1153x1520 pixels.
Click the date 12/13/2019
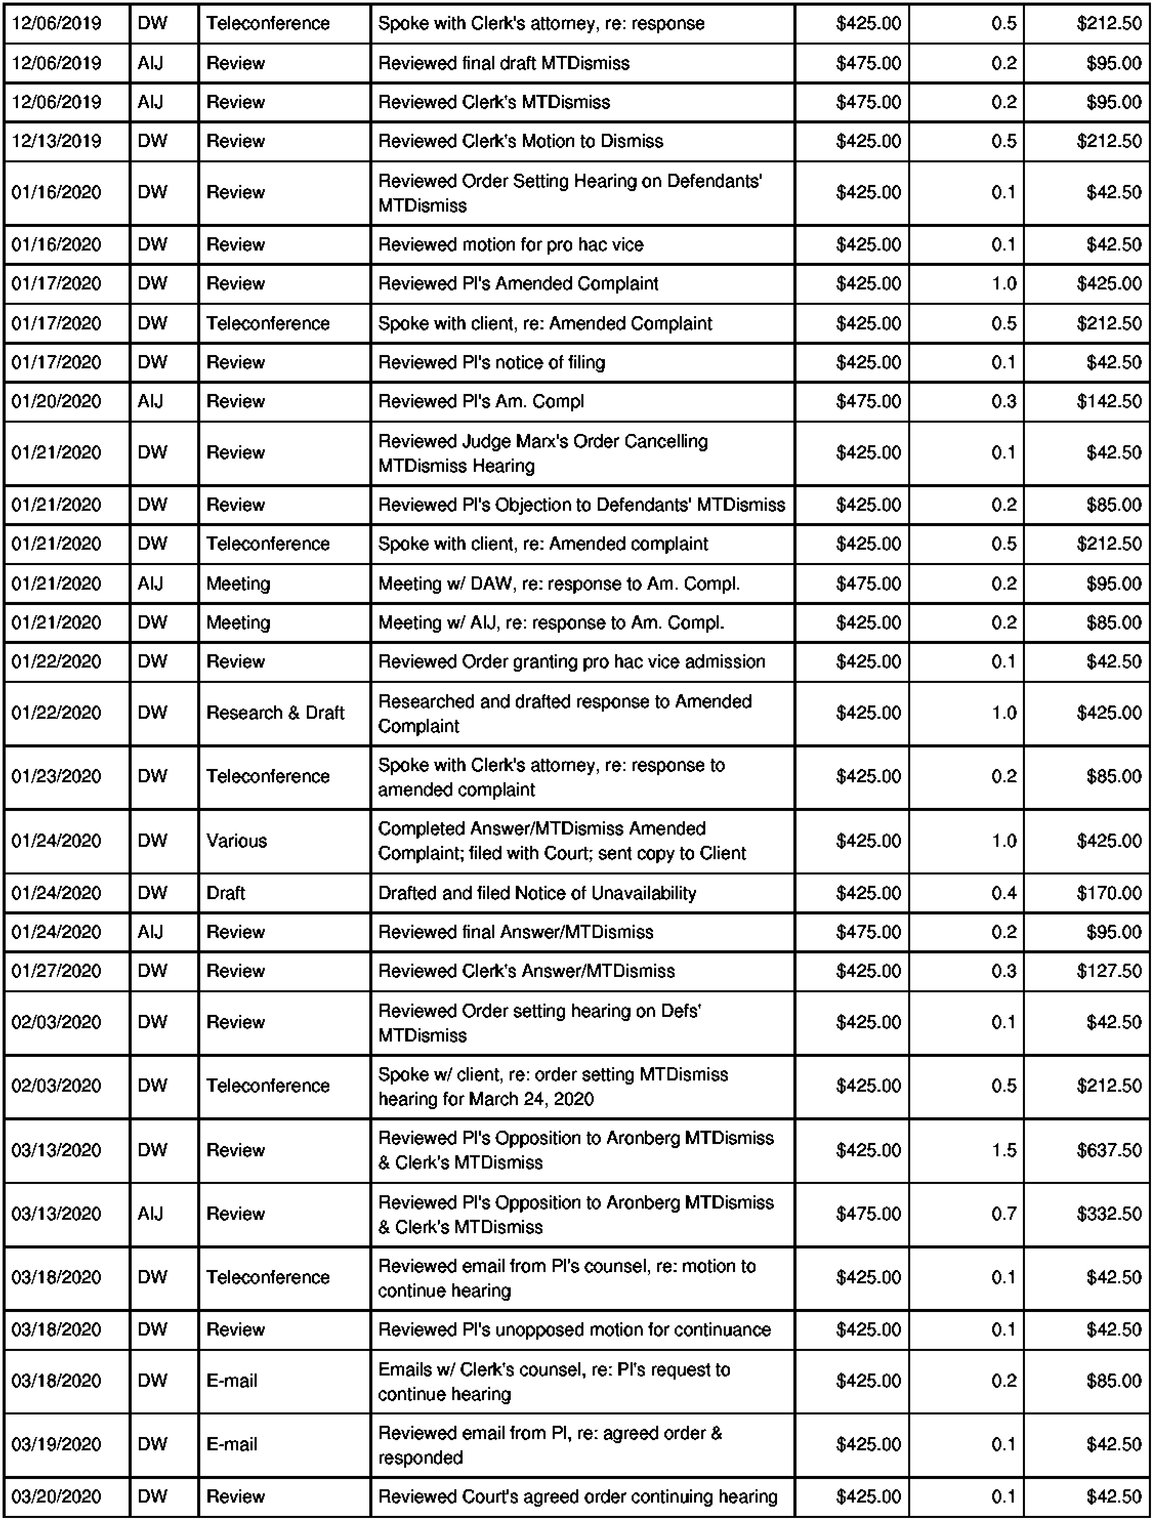tap(56, 141)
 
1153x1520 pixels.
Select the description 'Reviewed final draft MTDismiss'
tap(504, 63)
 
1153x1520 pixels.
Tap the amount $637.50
tap(1108, 1150)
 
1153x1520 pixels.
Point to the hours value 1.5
tap(1003, 1150)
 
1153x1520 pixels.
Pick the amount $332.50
tap(1108, 1214)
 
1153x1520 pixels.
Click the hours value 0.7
tap(1003, 1214)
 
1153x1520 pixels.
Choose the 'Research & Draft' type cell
tap(275, 713)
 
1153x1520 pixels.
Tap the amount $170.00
tap(1108, 893)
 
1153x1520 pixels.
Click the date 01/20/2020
tap(56, 401)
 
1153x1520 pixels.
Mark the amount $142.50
tap(1108, 401)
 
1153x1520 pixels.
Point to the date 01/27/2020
tap(56, 971)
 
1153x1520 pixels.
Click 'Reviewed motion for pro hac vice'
tap(511, 245)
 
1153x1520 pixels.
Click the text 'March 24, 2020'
tap(531, 1099)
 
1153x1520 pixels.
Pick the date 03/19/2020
tap(56, 1444)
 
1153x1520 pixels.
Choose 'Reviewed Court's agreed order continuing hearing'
tap(577, 1496)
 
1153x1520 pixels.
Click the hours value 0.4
tap(1003, 893)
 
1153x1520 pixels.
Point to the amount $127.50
tap(1108, 971)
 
